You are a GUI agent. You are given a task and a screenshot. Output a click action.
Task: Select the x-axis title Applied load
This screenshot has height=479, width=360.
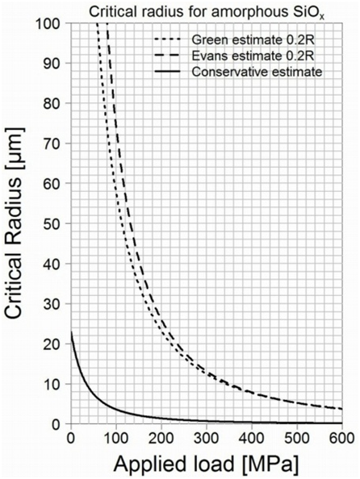pyautogui.click(x=207, y=464)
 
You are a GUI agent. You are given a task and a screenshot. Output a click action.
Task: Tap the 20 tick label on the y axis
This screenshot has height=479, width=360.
pyautogui.click(x=56, y=344)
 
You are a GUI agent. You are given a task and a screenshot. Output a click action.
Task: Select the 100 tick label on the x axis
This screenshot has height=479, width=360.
pyautogui.click(x=116, y=437)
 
